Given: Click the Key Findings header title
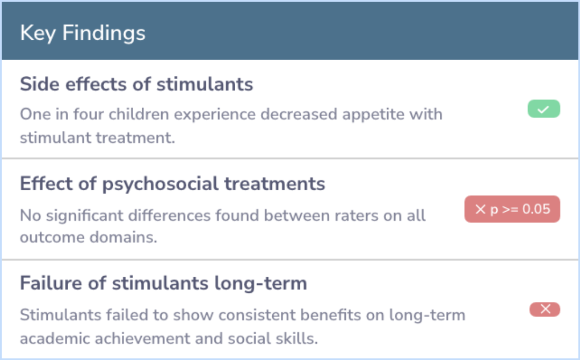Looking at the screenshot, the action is tap(83, 33).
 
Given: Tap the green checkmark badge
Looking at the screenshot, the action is tap(543, 109).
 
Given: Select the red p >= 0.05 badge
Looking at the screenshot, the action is tap(512, 209).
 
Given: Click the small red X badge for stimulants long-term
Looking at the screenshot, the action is tap(545, 309).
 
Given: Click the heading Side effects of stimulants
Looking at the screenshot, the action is tap(136, 84).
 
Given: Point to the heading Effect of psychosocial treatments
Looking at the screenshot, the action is tap(172, 184).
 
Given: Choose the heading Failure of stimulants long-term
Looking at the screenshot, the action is tap(163, 283).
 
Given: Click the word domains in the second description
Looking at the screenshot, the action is tap(123, 237).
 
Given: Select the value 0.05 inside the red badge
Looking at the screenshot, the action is tap(536, 209).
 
